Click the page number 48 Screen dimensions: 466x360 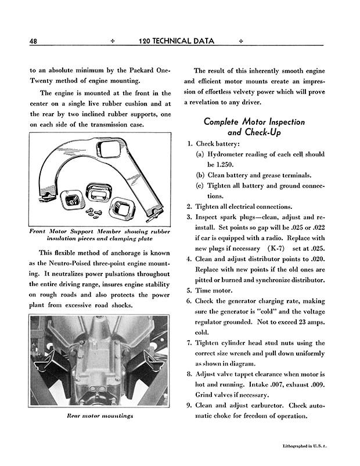click(33, 41)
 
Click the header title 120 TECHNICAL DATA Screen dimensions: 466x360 click(177, 41)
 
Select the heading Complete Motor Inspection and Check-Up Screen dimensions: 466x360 click(254, 127)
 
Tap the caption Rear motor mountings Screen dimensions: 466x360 click(99, 416)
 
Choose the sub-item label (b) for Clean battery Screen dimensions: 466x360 click(200, 175)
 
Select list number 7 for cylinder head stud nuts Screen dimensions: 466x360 click(189, 343)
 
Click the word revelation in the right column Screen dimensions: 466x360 click(211, 102)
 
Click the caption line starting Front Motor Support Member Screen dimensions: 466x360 click(99, 231)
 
